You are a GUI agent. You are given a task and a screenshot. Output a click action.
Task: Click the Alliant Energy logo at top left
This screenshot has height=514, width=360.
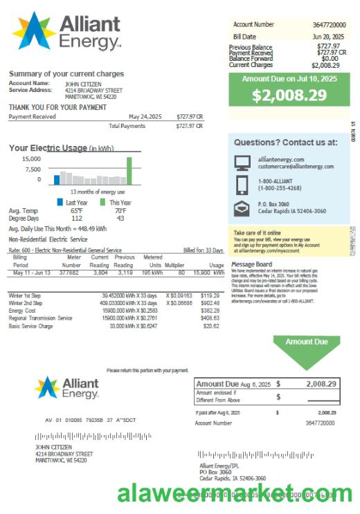tap(66, 32)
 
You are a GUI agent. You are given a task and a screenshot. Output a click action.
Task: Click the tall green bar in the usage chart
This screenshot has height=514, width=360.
tap(129, 171)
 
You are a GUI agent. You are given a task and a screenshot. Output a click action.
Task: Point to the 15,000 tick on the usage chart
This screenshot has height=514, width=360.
tap(29, 158)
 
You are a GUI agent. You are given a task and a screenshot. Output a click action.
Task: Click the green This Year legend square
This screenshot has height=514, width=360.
tap(102, 203)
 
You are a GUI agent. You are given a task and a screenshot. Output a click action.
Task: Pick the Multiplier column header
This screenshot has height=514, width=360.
tap(174, 265)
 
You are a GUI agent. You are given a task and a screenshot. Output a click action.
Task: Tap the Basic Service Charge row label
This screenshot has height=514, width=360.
tap(30, 326)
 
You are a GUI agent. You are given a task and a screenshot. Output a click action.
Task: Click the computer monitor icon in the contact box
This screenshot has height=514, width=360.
tap(242, 163)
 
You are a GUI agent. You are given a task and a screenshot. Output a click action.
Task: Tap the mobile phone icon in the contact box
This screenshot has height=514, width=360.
tap(242, 185)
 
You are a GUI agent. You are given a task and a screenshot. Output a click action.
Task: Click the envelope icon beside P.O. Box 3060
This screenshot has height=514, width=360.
tap(242, 208)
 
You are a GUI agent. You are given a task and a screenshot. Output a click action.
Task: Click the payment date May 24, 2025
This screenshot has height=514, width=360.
tap(144, 117)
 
